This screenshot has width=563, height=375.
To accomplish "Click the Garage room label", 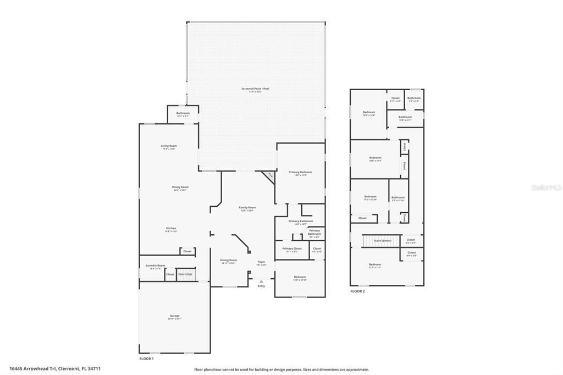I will (x=174, y=317).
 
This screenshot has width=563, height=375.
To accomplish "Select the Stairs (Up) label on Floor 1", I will (x=185, y=274).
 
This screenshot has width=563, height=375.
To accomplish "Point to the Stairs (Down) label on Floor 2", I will (x=382, y=241).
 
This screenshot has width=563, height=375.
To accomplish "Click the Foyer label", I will (x=261, y=263).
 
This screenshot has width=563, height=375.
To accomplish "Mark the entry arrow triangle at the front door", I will (x=261, y=281).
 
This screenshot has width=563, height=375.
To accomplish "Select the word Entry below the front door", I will (x=261, y=286).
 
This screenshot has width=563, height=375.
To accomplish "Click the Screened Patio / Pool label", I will (x=255, y=89).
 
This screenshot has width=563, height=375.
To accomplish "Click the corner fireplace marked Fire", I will (x=270, y=175).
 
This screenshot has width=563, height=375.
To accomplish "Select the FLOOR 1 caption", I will (x=146, y=359).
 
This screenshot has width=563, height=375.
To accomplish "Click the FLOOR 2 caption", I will (x=357, y=291).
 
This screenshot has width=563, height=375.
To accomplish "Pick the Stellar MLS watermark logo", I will (x=545, y=187).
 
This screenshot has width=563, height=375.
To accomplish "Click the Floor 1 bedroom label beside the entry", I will (x=300, y=278).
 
